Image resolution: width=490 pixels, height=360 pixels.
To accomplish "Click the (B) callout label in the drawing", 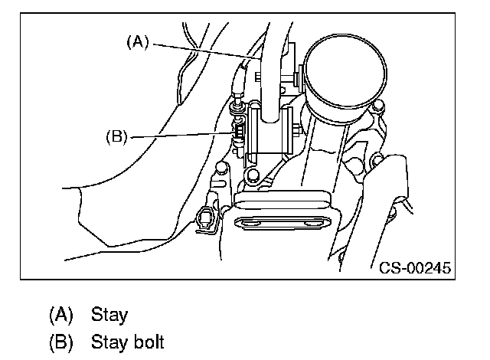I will (x=116, y=138).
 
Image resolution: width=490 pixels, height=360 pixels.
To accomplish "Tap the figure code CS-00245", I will (x=414, y=267).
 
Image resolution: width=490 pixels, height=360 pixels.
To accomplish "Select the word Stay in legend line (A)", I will (x=109, y=314).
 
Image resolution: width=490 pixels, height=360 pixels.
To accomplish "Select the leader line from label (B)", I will (x=180, y=136).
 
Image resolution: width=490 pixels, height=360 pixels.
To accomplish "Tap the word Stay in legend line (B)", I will (x=109, y=341).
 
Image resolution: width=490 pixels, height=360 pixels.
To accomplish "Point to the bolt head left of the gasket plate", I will (x=221, y=167).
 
